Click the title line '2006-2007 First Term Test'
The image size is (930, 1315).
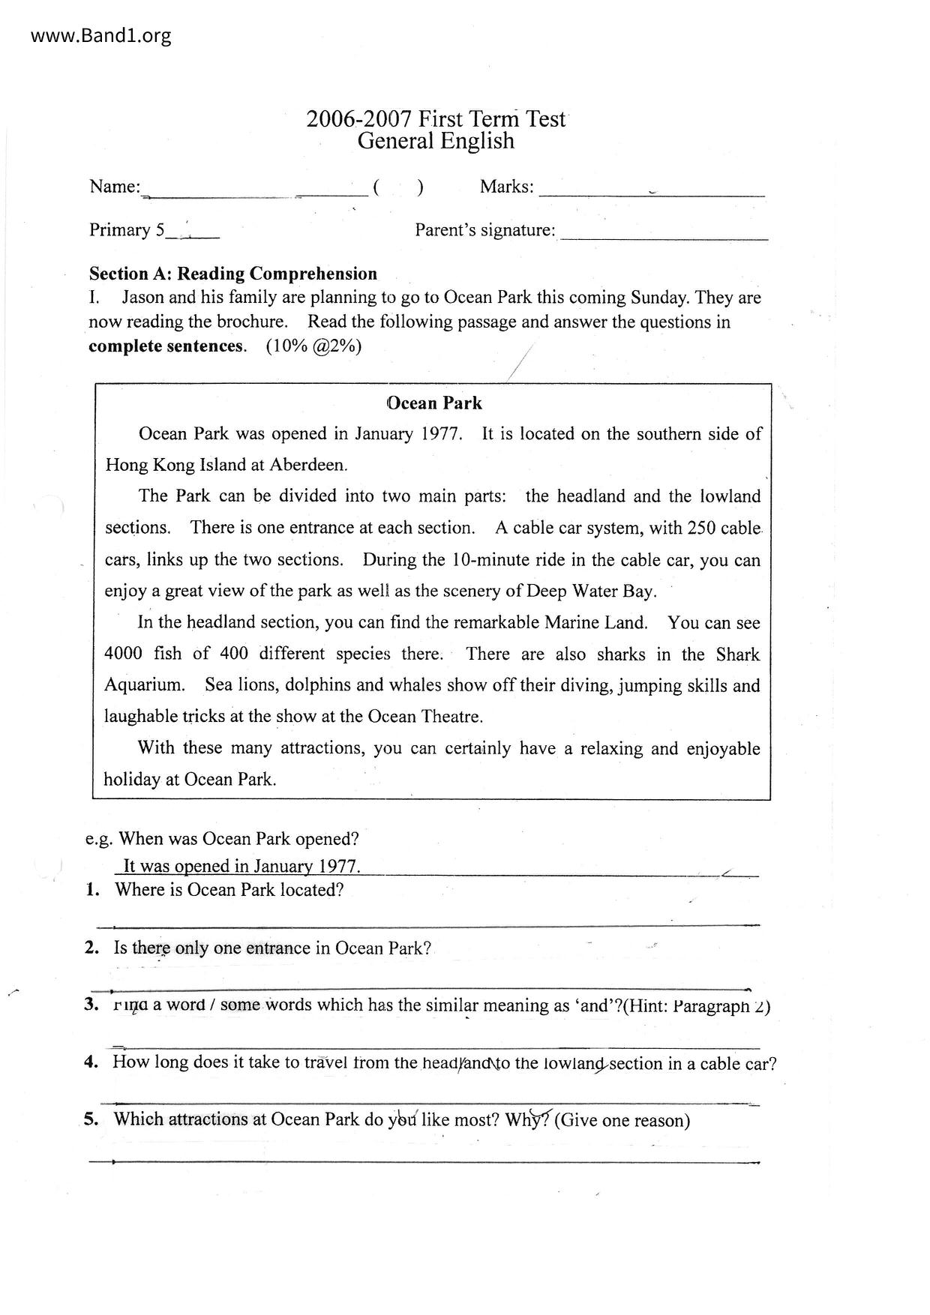click(435, 119)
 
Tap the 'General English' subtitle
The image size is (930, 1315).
click(436, 141)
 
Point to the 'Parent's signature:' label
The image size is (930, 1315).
click(485, 230)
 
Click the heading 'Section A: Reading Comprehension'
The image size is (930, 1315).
click(233, 274)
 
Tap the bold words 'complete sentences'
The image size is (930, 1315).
click(166, 346)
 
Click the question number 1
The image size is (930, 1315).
click(92, 891)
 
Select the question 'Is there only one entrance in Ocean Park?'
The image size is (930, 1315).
click(272, 948)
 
